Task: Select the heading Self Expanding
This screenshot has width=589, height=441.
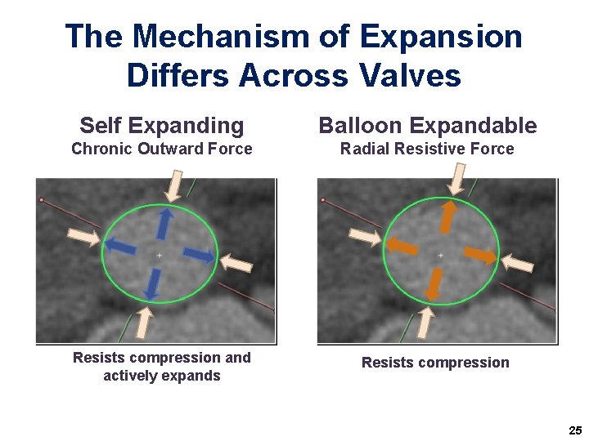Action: [x=162, y=125]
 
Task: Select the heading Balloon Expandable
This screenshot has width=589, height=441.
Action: [x=428, y=125]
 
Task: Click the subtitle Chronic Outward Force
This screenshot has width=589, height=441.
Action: [x=162, y=149]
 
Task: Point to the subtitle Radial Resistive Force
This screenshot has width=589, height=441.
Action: [x=427, y=149]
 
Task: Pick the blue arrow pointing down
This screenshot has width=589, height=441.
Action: [x=151, y=283]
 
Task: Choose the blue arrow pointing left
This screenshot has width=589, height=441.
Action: [x=120, y=246]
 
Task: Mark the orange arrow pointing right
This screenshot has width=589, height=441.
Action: [x=479, y=254]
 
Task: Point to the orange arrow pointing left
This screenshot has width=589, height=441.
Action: [x=401, y=245]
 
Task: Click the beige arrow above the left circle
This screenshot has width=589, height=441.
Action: [x=173, y=184]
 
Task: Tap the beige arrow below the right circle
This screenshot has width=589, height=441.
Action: [x=424, y=322]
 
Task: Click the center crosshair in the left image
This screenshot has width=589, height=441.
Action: [x=160, y=256]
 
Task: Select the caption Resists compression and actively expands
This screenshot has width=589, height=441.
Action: [x=162, y=367]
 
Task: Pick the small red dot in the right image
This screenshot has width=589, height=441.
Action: [x=323, y=200]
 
